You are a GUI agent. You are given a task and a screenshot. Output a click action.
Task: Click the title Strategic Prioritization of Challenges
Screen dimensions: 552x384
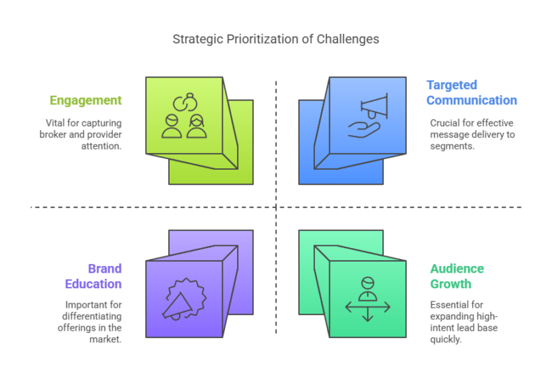[x=276, y=39]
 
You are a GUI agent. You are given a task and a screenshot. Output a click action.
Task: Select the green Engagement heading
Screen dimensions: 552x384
[x=86, y=101]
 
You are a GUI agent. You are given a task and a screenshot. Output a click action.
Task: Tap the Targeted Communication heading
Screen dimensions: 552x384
[x=471, y=93]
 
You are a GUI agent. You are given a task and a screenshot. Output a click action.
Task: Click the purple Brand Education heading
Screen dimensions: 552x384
[x=93, y=276]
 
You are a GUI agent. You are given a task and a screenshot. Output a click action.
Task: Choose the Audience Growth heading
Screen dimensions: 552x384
[x=457, y=276]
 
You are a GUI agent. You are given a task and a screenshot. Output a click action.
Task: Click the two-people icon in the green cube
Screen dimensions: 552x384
[x=184, y=116]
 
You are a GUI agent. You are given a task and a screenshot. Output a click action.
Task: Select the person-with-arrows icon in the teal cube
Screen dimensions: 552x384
[x=368, y=299]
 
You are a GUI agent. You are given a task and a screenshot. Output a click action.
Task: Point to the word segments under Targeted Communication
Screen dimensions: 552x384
[x=452, y=146]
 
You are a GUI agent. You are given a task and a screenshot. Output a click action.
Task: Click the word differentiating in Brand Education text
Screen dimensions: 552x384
[x=92, y=316]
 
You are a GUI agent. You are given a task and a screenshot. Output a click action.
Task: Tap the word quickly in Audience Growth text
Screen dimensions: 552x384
[x=446, y=339]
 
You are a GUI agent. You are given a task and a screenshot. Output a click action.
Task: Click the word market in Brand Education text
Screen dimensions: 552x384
[x=105, y=339]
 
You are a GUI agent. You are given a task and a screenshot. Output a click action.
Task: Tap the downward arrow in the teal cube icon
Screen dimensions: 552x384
[x=368, y=314]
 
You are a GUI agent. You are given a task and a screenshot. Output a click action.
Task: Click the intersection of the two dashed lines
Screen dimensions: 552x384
[x=276, y=207]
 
